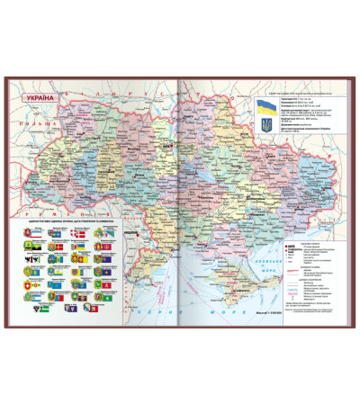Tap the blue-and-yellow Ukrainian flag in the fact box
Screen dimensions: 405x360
pos(266,106)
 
